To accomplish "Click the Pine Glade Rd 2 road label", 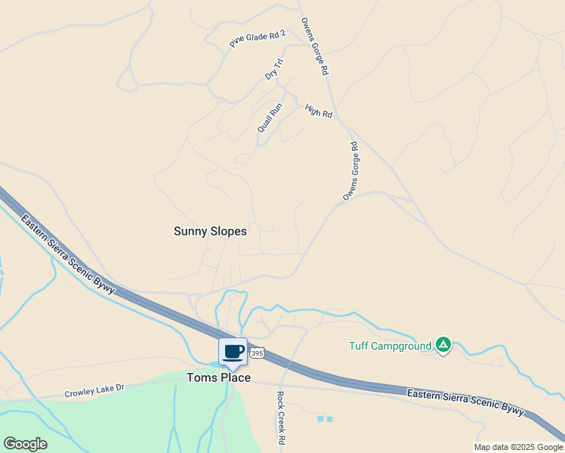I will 258,39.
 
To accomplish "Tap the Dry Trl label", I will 273,69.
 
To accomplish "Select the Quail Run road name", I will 270,118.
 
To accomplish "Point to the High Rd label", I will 319,111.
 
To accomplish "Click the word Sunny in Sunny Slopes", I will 190,231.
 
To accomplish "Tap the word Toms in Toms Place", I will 202,377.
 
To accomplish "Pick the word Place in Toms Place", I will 235,377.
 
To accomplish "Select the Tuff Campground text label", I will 390,347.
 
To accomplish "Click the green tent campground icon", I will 443,346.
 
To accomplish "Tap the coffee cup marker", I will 233,352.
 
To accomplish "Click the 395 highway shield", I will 258,353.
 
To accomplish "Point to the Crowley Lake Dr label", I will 94,393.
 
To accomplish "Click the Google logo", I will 25,443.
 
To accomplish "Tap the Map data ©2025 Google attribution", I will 518,447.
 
